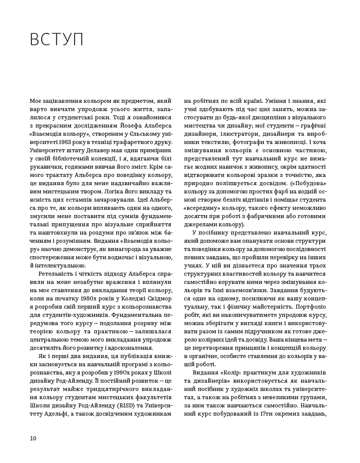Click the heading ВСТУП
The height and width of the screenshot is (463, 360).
click(x=57, y=40)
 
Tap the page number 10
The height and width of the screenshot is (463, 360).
click(x=33, y=438)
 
